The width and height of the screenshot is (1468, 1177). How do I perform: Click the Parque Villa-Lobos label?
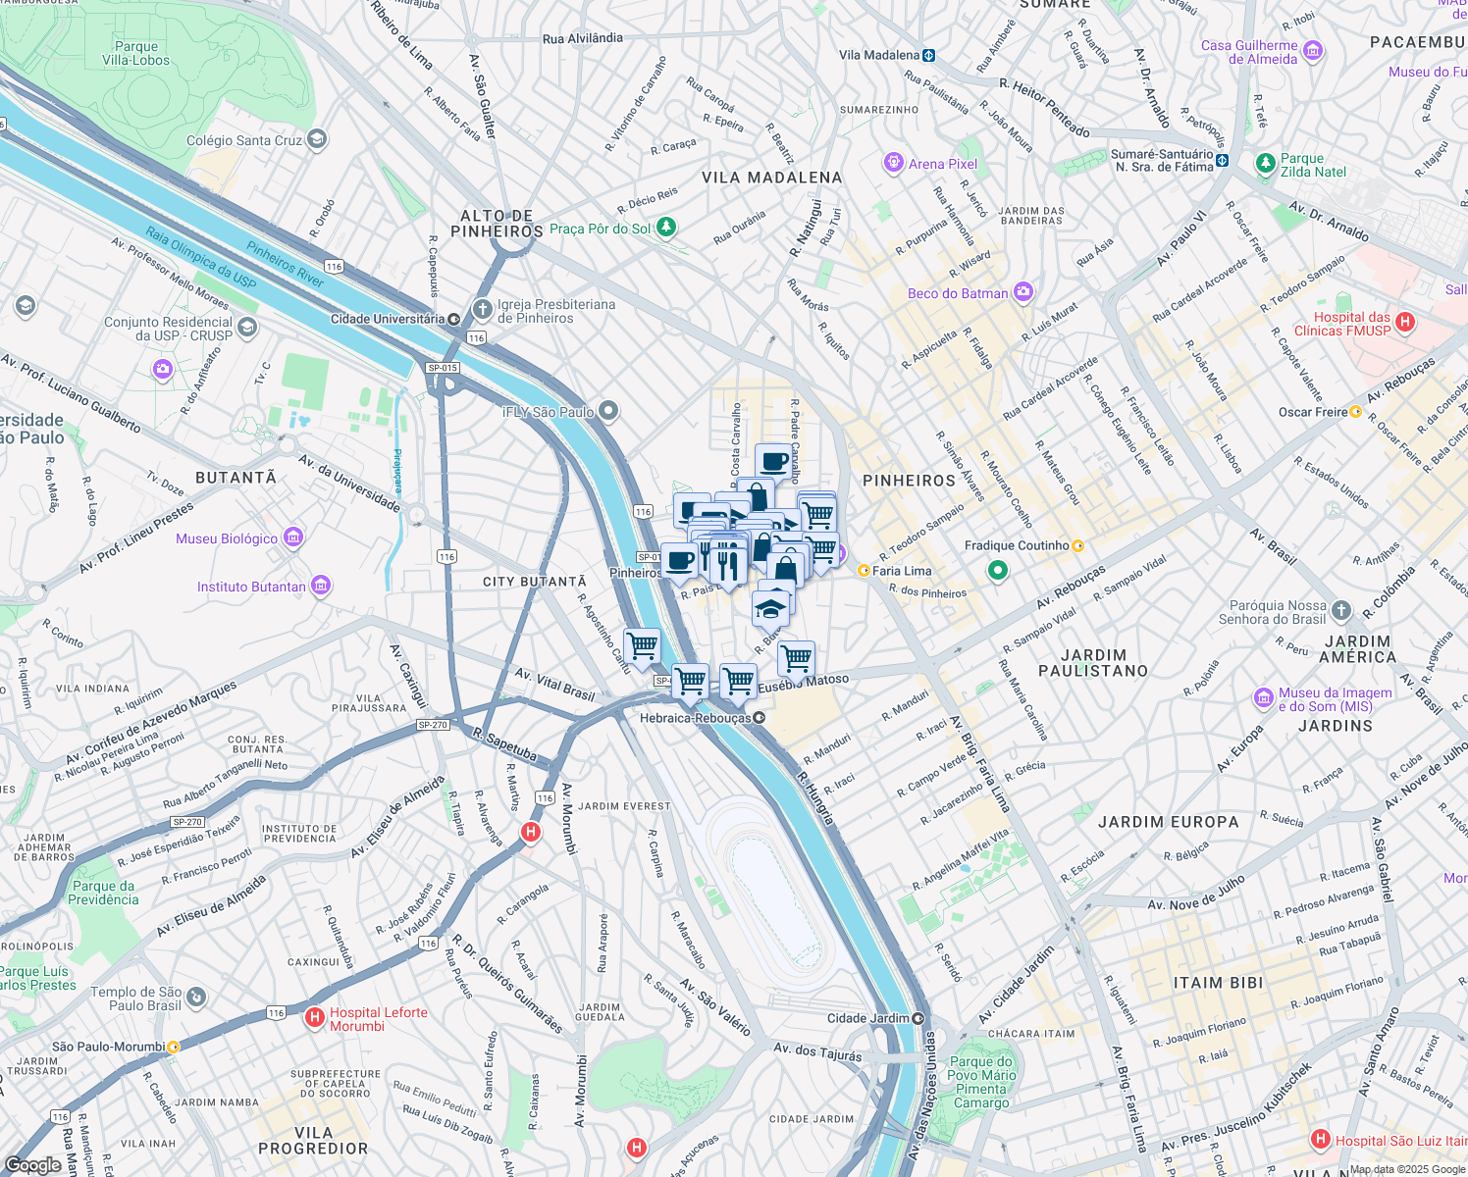coord(135,53)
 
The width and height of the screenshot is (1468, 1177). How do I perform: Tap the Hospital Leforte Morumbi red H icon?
coord(315,1017)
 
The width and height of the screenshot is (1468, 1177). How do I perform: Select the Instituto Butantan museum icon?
coord(321,587)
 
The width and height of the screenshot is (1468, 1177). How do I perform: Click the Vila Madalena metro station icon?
coord(928,56)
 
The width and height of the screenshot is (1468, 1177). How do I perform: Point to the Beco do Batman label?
coord(957,293)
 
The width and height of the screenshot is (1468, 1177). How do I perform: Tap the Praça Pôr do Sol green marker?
coord(666,228)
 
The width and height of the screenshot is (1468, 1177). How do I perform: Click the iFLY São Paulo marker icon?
coord(608,411)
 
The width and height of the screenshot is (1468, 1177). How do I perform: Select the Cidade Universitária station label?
coord(388,319)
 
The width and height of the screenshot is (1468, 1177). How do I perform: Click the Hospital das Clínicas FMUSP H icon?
coord(1404,322)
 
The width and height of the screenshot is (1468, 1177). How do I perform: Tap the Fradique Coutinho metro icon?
coord(1077,545)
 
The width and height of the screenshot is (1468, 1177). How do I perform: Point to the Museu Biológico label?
coord(227,538)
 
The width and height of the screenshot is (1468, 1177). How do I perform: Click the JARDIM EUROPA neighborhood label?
coord(1168,822)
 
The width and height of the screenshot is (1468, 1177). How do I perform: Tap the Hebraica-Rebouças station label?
coord(695,718)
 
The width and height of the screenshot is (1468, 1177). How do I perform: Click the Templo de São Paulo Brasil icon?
coord(196,998)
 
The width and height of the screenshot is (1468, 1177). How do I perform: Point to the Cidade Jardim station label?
coord(867,1018)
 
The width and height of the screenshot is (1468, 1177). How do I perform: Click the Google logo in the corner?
coord(32,1164)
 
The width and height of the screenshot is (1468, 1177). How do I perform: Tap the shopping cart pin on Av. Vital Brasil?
coord(642,647)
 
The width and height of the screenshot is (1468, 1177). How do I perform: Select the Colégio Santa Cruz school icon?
coord(317,139)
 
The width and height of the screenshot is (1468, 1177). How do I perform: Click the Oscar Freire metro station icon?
coord(1355,412)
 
